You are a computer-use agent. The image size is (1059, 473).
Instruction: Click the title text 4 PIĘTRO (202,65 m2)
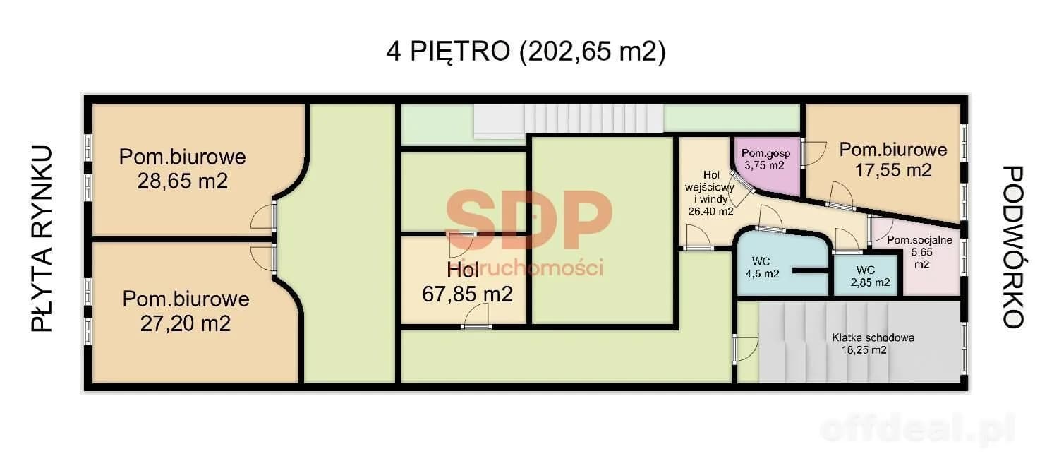click(526, 51)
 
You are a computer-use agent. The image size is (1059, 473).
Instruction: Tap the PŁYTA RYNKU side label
click(42, 239)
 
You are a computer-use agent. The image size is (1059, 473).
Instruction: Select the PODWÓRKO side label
click(1012, 246)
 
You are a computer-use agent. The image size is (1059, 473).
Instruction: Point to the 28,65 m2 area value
click(183, 181)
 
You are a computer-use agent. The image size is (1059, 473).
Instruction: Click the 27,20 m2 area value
click(186, 323)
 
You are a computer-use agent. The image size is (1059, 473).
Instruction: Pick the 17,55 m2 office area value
click(893, 170)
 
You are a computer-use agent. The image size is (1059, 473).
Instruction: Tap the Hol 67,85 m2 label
click(467, 282)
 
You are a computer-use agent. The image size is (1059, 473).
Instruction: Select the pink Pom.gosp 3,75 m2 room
click(767, 165)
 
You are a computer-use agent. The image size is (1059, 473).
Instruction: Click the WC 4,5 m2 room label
click(762, 268)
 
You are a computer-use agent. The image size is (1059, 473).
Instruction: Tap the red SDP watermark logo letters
click(528, 219)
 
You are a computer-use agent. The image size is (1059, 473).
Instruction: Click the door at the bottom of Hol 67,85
click(476, 316)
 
